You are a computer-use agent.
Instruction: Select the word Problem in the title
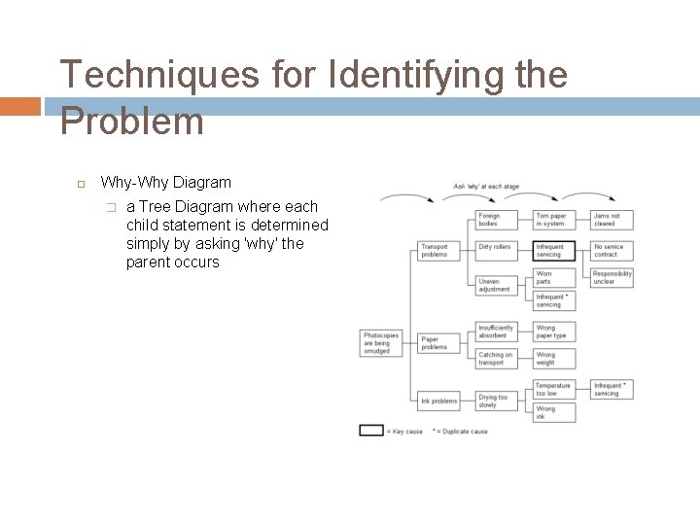[x=132, y=122]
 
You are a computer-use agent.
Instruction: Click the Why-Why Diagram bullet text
[x=166, y=183]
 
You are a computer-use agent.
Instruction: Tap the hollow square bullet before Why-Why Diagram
[x=82, y=184]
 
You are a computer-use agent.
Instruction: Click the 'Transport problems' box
[x=437, y=250]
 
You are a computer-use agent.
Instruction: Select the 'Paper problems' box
[x=437, y=343]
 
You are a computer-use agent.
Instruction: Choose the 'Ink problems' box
[x=438, y=401]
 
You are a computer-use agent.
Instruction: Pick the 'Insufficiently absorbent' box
[x=495, y=332]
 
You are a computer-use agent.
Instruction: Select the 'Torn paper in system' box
[x=552, y=220]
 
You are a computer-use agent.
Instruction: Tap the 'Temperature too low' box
[x=552, y=389]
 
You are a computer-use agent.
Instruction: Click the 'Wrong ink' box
[x=552, y=412]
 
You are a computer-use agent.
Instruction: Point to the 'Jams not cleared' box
[x=611, y=220]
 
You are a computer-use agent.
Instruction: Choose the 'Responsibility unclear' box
[x=612, y=278]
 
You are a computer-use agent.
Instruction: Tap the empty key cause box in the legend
[x=371, y=430]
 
